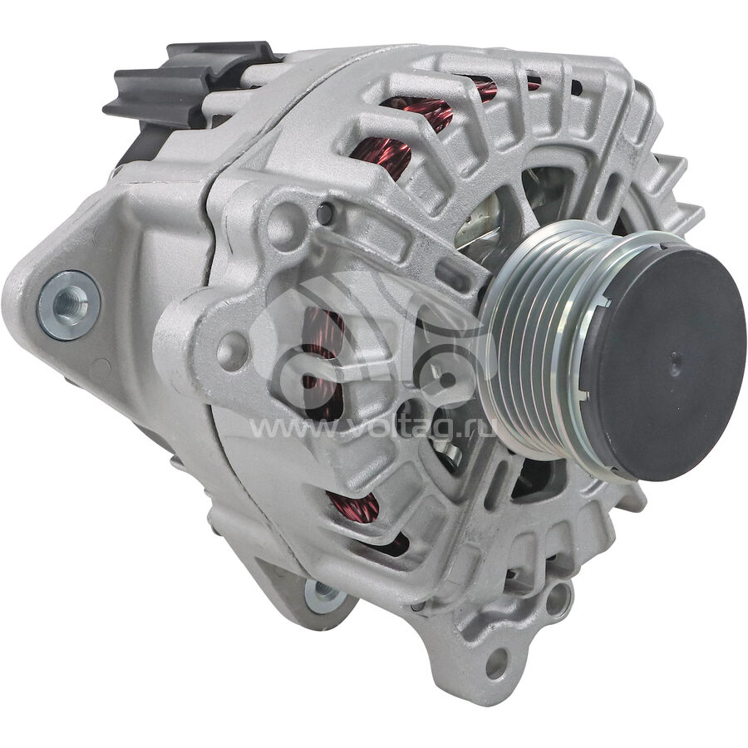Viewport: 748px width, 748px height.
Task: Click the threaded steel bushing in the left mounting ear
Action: tap(69, 305)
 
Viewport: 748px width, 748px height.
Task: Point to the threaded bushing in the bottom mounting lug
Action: tap(325, 594)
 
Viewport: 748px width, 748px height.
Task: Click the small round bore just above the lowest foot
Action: tap(559, 598)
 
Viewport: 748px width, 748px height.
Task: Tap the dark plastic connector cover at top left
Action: tap(191, 83)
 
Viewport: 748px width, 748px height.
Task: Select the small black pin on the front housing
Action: tap(325, 214)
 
